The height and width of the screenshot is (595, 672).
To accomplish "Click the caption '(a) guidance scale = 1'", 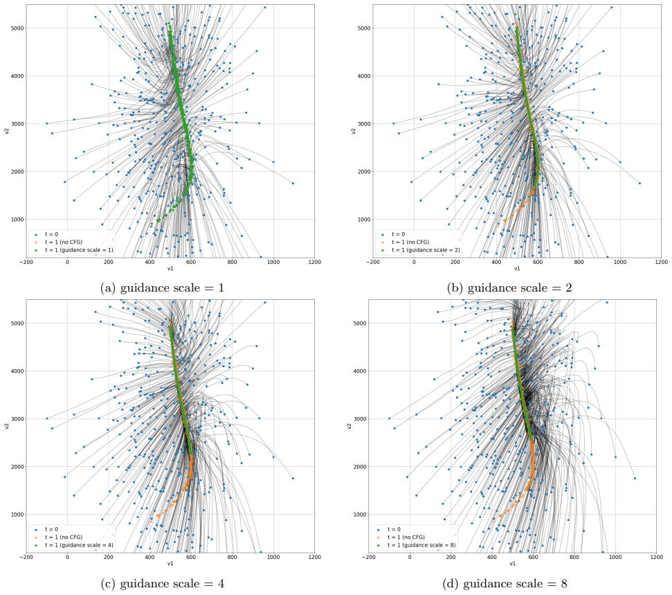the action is click(x=162, y=288).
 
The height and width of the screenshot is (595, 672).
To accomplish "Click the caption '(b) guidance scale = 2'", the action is click(x=509, y=288).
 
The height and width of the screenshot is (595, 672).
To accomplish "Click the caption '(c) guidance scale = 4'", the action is click(x=162, y=583).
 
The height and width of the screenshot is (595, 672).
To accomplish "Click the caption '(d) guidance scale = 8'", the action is click(x=505, y=583).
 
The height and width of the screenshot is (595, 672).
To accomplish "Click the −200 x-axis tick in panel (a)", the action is click(x=26, y=262).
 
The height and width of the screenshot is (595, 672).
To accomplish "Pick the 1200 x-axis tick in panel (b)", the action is click(x=662, y=262).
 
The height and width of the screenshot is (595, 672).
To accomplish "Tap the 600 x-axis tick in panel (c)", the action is click(x=191, y=557).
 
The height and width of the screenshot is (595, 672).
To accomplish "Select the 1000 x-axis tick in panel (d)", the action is click(x=615, y=557).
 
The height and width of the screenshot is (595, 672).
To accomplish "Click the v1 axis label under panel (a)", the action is click(x=170, y=269).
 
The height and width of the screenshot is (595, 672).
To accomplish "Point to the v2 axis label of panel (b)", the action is click(x=353, y=131).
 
